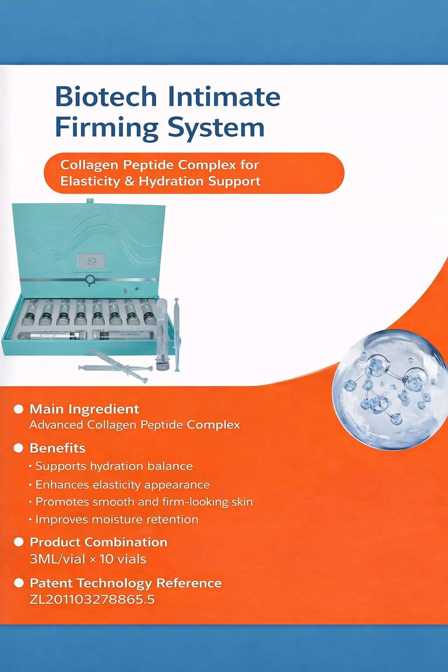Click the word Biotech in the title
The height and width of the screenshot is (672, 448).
click(x=106, y=97)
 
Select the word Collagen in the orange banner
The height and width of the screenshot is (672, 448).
click(x=89, y=165)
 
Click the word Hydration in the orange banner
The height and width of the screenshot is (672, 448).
click(x=171, y=181)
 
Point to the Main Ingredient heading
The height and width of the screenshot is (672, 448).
click(x=84, y=409)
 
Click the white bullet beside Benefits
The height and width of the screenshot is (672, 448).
click(x=18, y=448)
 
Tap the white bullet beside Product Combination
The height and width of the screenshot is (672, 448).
click(x=18, y=542)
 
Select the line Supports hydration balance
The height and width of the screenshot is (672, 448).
click(x=114, y=466)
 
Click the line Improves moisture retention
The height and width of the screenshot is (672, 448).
click(x=117, y=520)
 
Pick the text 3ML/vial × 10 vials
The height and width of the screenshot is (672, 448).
click(x=88, y=559)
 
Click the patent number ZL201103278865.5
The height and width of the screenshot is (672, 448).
click(x=92, y=599)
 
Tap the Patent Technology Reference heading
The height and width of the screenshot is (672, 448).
click(x=126, y=583)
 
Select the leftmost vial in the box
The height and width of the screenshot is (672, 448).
click(x=29, y=314)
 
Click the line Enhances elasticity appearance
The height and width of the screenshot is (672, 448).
click(x=122, y=485)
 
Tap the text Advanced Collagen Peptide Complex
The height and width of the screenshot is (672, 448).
click(x=135, y=425)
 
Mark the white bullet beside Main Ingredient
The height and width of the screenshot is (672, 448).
click(x=18, y=409)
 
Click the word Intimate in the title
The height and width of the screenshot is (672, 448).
click(x=224, y=97)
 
